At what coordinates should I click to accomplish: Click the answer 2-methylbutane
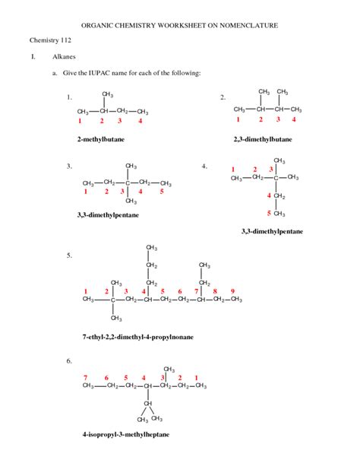100,140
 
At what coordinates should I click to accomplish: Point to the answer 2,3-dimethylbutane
263,140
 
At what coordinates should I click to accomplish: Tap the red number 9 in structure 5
232,291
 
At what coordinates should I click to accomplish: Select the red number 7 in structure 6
86,378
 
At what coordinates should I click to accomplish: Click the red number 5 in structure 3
162,192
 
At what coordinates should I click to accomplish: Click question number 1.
69,97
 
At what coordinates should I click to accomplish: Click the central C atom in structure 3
129,183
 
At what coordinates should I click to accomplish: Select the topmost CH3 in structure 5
152,249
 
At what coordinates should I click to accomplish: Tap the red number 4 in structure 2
294,119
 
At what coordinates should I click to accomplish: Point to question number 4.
204,165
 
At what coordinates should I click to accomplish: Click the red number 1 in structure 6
196,378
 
